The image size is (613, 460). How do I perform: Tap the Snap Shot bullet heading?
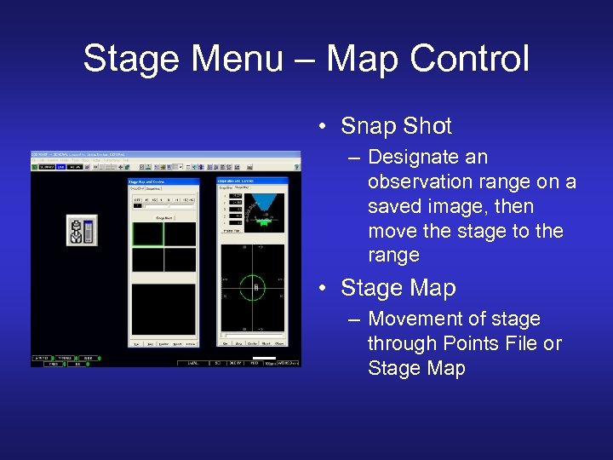(x=396, y=126)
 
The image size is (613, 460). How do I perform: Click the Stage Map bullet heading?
(x=398, y=288)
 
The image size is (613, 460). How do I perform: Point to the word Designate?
(x=415, y=158)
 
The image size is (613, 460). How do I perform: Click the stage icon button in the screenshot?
(x=82, y=231)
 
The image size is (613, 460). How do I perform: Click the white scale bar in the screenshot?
(x=265, y=358)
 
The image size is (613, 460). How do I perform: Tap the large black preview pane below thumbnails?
(x=163, y=308)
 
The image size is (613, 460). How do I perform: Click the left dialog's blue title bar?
(x=163, y=181)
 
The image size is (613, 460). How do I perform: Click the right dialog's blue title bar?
(x=253, y=181)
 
